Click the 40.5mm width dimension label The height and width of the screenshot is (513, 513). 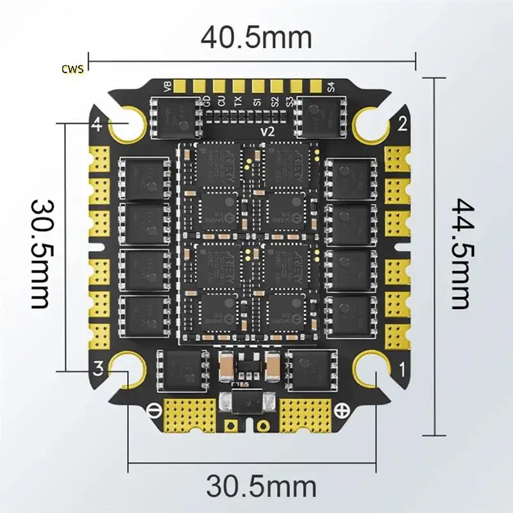point(256,37)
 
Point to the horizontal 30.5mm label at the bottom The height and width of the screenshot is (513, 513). point(262,486)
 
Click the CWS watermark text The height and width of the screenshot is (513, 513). point(73,69)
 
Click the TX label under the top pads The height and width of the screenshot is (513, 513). point(238,100)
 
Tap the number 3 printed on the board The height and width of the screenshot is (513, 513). point(98,368)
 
